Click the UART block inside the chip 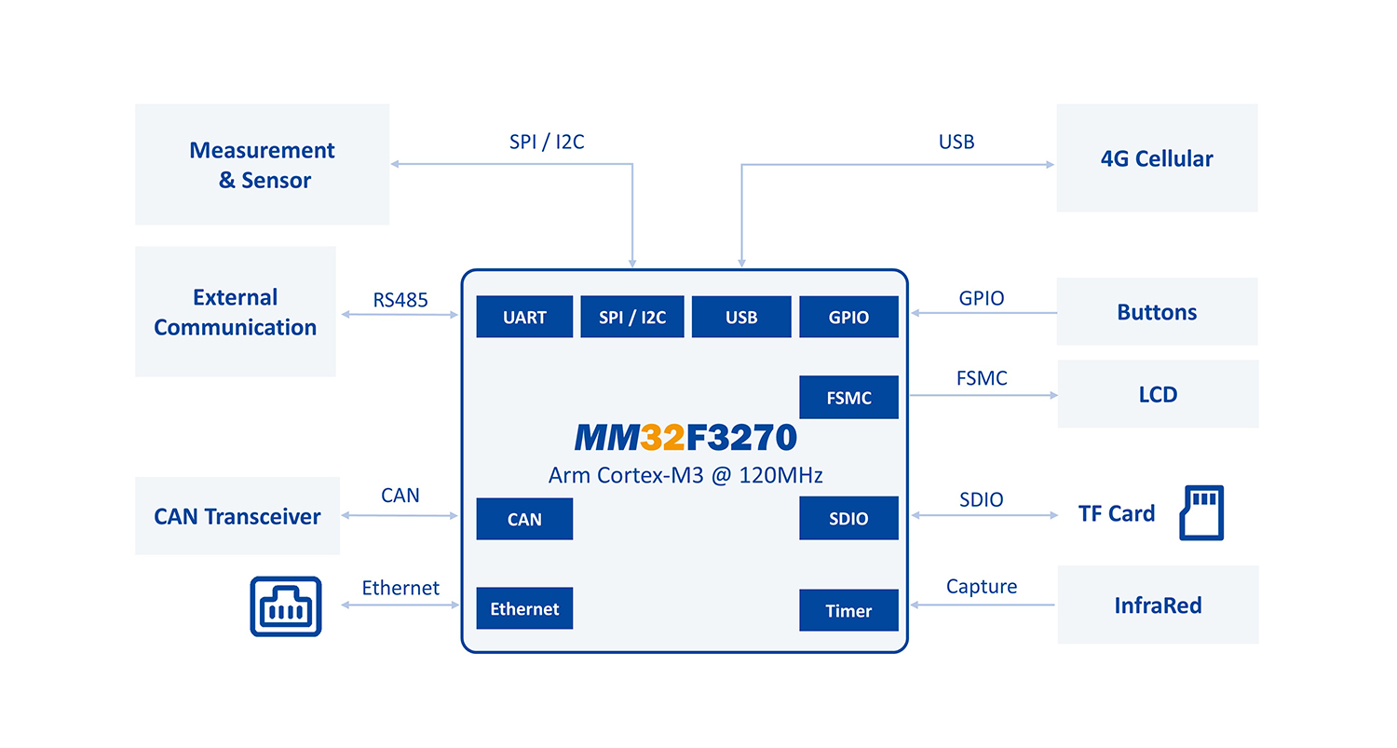point(524,317)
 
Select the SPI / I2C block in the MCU point(632,317)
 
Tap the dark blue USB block point(741,317)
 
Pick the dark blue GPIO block point(848,317)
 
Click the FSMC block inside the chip point(848,398)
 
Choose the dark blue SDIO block point(848,518)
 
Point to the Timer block point(848,610)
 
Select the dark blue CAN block point(524,519)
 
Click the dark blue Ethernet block point(524,608)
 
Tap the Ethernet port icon point(286,606)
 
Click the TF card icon point(1201,512)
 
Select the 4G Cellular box point(1157,157)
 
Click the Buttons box point(1157,311)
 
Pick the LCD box point(1158,394)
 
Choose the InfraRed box point(1158,605)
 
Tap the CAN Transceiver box point(237,516)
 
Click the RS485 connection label point(400,299)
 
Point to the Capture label point(982,586)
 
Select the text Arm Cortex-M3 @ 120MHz point(685,475)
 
